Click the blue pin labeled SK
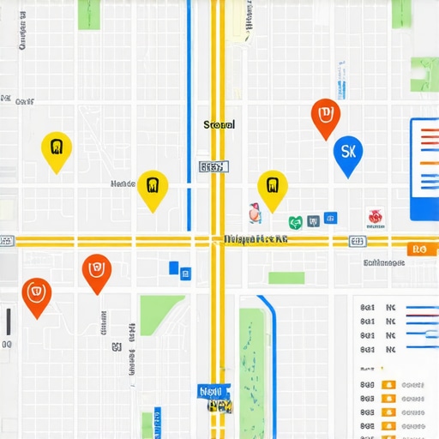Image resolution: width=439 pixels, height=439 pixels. (x=347, y=154)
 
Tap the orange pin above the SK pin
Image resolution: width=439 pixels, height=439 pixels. (x=325, y=117)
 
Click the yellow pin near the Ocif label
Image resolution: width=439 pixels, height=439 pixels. (x=57, y=151)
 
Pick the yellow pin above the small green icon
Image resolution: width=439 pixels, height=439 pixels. (x=272, y=189)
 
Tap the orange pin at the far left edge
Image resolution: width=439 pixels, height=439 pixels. (x=36, y=296)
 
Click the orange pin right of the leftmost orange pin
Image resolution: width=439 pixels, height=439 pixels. (x=97, y=272)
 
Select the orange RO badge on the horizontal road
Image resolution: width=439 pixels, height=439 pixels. (x=418, y=250)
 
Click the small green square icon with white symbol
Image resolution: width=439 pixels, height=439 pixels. (x=296, y=222)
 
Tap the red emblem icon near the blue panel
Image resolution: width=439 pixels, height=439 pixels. (x=375, y=217)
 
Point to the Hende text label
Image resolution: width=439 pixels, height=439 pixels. (x=123, y=183)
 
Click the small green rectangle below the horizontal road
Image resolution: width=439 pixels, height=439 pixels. (x=286, y=278)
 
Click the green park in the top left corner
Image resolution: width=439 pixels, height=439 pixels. (x=89, y=14)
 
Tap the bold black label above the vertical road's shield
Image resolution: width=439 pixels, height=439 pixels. (x=219, y=125)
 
